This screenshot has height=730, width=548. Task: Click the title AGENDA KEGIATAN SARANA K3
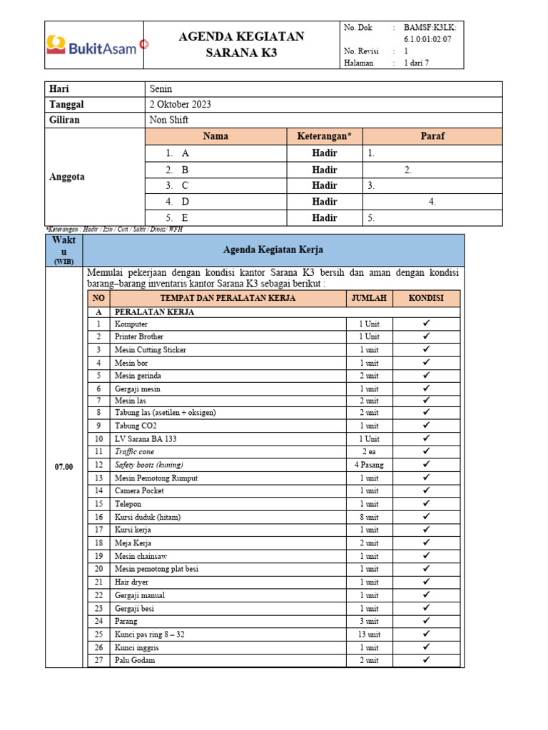[241, 45]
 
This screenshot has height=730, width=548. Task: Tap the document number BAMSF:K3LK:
[433, 28]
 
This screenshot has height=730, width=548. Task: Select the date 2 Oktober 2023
[180, 104]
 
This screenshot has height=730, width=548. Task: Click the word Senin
[161, 88]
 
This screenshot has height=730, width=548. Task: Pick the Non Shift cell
[169, 120]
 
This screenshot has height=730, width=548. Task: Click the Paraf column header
[432, 135]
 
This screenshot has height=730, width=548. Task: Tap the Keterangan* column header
[325, 135]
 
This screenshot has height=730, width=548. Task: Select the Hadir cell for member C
[325, 185]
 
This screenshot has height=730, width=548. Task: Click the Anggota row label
[67, 177]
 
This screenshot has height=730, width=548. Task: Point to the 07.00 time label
[64, 466]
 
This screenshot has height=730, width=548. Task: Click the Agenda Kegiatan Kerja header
[273, 250]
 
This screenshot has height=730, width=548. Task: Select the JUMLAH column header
[369, 298]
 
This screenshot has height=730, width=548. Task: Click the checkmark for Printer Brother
[427, 336]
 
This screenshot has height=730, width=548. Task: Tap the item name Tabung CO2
[136, 426]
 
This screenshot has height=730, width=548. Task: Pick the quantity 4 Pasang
[369, 465]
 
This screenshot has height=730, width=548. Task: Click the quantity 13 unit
[369, 634]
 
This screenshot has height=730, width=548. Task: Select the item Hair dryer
[131, 582]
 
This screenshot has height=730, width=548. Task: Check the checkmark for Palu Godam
[427, 660]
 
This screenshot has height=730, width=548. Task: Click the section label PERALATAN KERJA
[155, 312]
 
